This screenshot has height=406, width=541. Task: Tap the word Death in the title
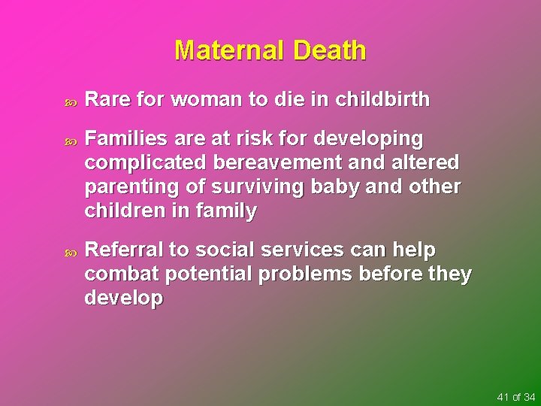click(330, 50)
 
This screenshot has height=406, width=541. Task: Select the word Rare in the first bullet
click(107, 99)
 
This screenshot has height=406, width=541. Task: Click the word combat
click(116, 274)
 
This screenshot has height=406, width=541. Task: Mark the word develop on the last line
click(124, 298)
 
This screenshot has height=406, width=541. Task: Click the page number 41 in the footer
click(503, 396)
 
